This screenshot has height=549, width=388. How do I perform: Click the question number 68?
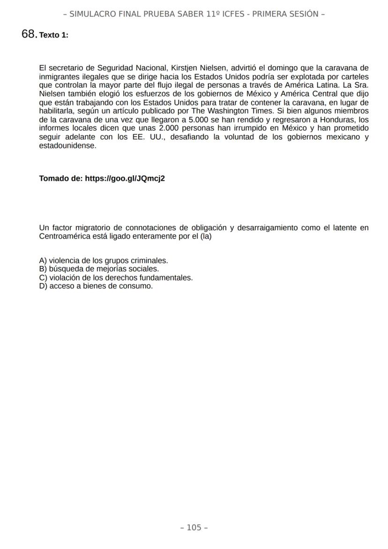click(29, 34)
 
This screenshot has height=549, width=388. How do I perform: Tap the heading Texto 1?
click(54, 35)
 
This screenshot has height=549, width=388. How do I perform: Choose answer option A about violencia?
click(104, 261)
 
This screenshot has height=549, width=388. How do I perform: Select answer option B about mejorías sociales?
click(99, 269)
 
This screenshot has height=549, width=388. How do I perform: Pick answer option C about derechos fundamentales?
click(116, 278)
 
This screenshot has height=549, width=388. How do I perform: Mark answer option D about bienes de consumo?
click(96, 286)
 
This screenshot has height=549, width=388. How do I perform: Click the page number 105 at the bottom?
click(194, 528)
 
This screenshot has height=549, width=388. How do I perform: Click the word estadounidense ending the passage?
click(67, 145)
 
